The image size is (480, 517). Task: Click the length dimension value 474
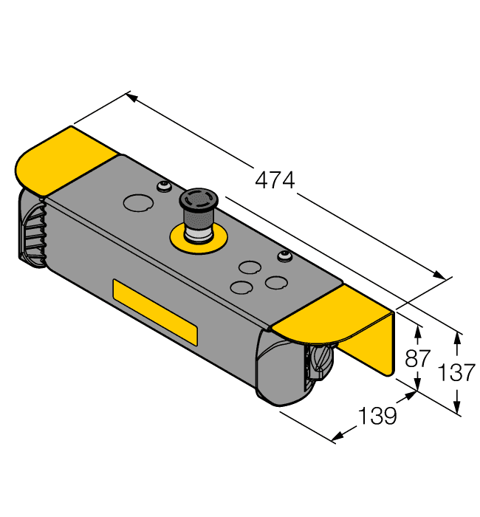click(x=275, y=179)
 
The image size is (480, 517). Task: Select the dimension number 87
click(x=418, y=360)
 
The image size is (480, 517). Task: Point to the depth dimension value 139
click(x=377, y=417)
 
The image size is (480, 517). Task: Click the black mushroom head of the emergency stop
click(x=197, y=201)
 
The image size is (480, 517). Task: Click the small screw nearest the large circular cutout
click(x=162, y=186)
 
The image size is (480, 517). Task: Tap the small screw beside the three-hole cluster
click(x=282, y=256)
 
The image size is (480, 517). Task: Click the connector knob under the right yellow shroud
click(x=319, y=361)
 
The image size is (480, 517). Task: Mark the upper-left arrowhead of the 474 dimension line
click(x=132, y=96)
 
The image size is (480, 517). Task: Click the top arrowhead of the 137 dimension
click(x=458, y=338)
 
